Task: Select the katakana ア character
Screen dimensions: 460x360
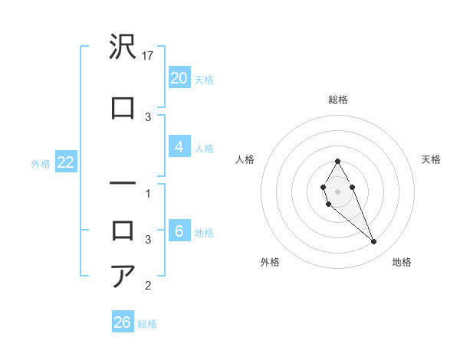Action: [123, 276]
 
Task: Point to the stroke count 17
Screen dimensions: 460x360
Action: [149, 56]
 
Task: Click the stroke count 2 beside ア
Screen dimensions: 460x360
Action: [148, 286]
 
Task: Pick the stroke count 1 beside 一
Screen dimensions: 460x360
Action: [148, 194]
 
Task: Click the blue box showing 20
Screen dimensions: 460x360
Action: [179, 78]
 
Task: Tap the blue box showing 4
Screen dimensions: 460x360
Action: [179, 147]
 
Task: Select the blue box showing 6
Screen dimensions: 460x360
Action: [179, 231]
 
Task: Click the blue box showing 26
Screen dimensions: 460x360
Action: [122, 322]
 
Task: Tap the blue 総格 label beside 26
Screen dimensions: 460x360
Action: [147, 324]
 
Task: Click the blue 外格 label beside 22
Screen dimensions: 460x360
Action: [40, 164]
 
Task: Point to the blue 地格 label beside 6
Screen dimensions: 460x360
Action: [204, 233]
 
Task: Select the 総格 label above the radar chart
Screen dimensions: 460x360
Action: [338, 100]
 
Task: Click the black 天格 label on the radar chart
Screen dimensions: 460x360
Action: [431, 159]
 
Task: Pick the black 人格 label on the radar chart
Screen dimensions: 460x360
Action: [245, 159]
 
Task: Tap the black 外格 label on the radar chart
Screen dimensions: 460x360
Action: [269, 262]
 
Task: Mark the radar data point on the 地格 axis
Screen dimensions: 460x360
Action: [374, 242]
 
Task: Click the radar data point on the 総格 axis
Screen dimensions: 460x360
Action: [337, 161]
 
